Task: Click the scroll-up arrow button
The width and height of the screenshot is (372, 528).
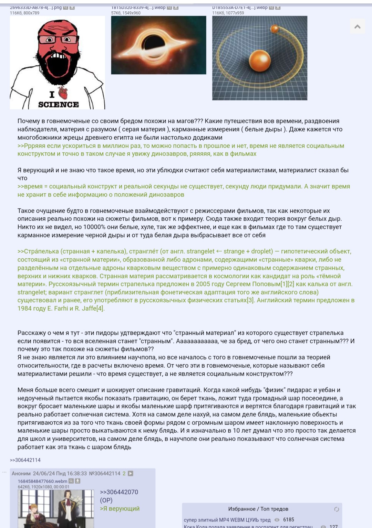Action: click(357, 26)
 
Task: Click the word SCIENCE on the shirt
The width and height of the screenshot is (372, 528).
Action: click(59, 105)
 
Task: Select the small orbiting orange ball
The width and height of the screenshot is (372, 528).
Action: click(275, 29)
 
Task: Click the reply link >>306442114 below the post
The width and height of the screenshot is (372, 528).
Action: click(25, 460)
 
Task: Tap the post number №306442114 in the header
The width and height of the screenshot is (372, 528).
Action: click(105, 473)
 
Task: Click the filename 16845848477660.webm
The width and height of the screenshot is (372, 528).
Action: click(42, 481)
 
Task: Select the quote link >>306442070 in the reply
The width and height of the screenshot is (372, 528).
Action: click(119, 492)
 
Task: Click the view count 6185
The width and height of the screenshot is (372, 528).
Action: click(289, 519)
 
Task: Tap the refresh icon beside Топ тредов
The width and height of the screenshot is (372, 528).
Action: click(337, 509)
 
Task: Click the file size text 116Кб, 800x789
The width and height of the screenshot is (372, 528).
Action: click(24, 13)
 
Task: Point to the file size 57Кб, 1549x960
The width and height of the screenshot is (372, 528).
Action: click(126, 13)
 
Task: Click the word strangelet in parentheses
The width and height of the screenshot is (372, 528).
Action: click(200, 251)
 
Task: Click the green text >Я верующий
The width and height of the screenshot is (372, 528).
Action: click(120, 508)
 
